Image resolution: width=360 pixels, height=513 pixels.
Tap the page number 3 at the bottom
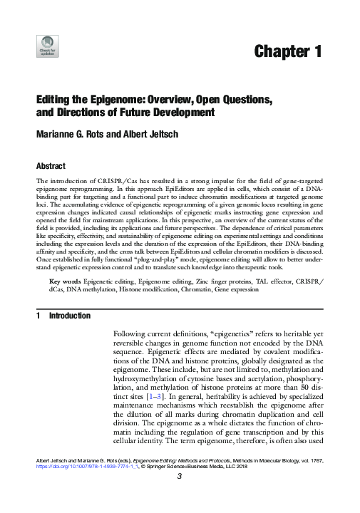click(180, 499)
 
